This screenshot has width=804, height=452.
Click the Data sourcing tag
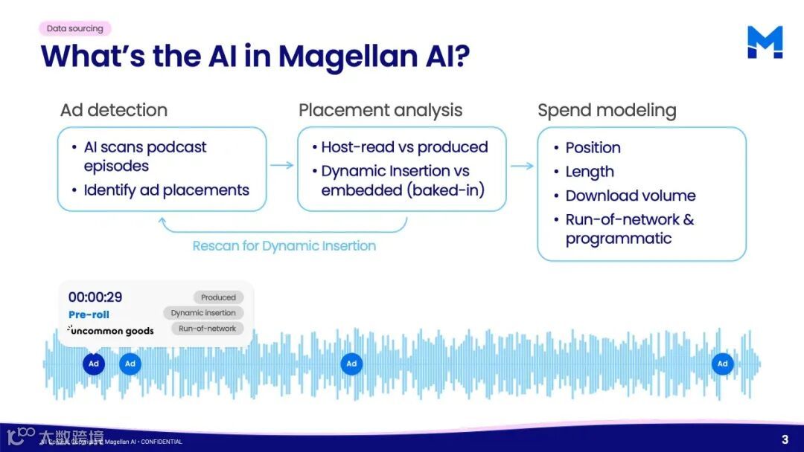coord(75,28)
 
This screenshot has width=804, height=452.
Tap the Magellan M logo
coord(765,42)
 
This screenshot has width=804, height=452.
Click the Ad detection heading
coord(114,111)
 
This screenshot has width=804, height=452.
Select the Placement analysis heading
coord(380,111)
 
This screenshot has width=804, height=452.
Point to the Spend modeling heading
coord(607,111)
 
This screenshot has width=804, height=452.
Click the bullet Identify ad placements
coord(166,190)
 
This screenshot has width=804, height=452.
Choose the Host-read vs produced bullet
coord(404,147)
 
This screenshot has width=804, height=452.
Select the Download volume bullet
coord(630,196)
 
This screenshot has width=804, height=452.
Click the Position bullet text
coord(593,147)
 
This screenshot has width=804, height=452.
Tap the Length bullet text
coord(590,172)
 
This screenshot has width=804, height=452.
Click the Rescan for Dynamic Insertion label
coord(284,246)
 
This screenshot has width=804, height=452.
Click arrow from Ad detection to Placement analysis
coord(281,166)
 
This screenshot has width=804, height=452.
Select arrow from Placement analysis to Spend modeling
coord(522,166)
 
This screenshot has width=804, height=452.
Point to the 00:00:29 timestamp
coord(95,297)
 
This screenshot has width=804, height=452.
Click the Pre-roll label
coord(89,314)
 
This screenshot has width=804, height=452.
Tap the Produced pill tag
coord(218,297)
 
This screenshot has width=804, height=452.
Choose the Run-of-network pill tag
coord(207,329)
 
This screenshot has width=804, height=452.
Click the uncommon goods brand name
coord(112,331)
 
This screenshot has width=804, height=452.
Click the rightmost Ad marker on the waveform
coord(722,364)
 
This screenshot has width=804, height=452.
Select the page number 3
coord(785,439)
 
